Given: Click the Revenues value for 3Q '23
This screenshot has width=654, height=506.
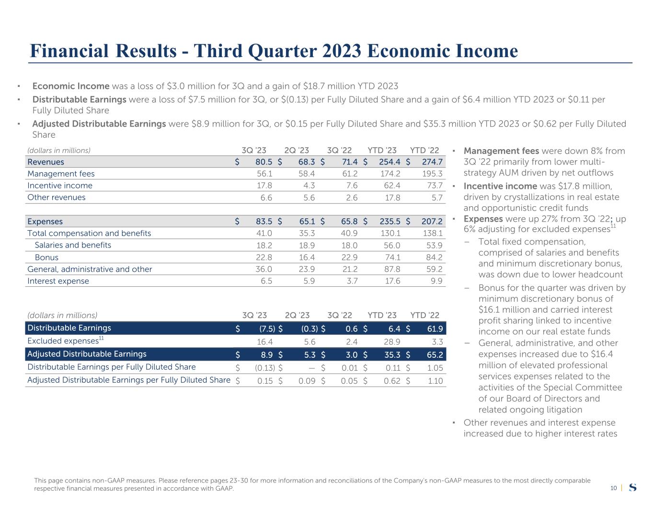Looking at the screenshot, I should pos(264,162).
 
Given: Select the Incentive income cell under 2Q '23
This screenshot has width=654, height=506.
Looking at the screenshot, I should pos(307,186).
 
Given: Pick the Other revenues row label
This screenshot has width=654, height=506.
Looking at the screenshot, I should pos(57,197).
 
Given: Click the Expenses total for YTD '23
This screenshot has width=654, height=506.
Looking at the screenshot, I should pos(390,222).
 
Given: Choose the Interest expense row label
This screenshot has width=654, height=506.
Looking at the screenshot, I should pos(58,281).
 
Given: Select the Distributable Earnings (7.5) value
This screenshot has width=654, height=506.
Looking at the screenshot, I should pos(267,329).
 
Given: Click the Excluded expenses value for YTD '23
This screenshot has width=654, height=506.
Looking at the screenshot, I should pos(391,341).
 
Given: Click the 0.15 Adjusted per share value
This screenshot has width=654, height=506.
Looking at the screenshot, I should pos(265,381).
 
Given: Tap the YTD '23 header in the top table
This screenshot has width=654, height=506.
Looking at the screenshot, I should pos(382,150).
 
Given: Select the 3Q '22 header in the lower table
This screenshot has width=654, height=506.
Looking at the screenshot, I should pos(340,315).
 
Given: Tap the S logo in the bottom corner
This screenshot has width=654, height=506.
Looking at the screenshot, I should pos(632,488).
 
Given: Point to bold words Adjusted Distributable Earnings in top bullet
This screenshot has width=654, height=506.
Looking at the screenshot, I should pos(99,124).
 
